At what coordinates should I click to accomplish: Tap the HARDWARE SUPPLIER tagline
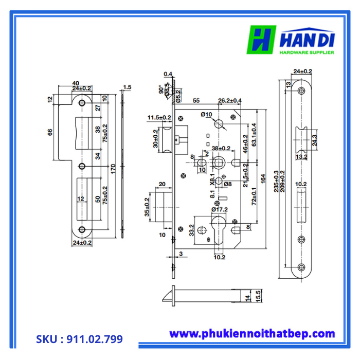point(307,52)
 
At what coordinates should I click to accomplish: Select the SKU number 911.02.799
point(79,339)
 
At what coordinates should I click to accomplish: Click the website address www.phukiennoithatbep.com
point(252,334)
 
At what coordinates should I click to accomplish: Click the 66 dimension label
point(50,132)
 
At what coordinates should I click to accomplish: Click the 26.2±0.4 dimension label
point(230,100)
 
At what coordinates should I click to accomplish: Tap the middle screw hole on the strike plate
point(82,166)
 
